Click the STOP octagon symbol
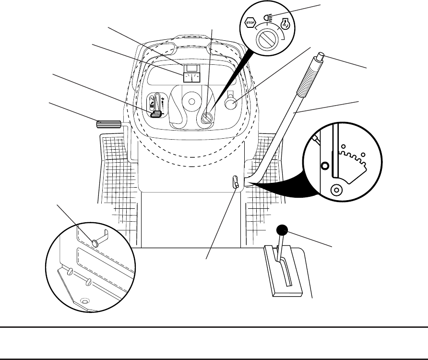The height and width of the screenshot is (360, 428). point(249,22)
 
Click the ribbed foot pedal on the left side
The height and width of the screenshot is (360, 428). point(108,125)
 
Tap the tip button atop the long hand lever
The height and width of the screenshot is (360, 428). point(320,58)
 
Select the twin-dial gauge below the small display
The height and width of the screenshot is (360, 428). point(194,78)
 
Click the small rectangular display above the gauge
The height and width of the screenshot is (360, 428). point(194,68)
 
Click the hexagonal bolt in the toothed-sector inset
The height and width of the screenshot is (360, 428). point(325,166)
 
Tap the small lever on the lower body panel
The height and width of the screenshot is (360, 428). point(235,182)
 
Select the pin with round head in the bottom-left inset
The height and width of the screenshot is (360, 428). point(97,242)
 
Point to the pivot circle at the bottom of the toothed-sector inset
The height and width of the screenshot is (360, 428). point(337,190)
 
